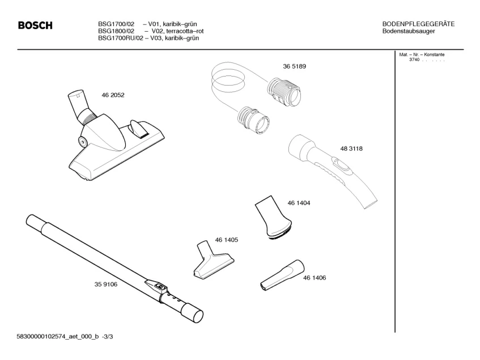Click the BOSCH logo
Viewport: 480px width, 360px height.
(35, 26)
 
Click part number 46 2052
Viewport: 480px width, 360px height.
(113, 95)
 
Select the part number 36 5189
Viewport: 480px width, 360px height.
(294, 66)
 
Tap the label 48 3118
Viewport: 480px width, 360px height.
(351, 149)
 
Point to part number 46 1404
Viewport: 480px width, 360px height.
(299, 202)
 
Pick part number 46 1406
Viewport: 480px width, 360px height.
(315, 278)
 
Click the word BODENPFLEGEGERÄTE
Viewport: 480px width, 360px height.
(418, 24)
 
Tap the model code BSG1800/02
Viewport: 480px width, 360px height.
(116, 31)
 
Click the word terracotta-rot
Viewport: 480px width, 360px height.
(184, 31)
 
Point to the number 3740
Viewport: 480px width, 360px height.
(414, 60)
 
